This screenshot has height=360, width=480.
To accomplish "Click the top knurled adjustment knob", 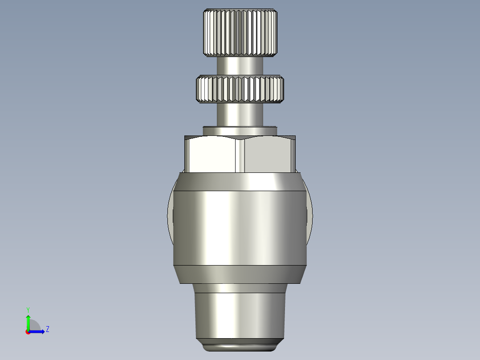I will (x=240, y=33).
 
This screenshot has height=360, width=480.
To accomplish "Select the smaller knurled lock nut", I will (x=240, y=89).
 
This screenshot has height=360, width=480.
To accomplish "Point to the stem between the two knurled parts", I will (x=240, y=66).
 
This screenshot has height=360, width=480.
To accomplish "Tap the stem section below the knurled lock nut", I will (x=240, y=114).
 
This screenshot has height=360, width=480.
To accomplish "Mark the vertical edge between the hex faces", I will (x=240, y=155).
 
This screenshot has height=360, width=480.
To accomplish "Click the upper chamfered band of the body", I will (x=240, y=181).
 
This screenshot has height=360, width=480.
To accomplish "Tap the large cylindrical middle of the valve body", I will (x=240, y=227).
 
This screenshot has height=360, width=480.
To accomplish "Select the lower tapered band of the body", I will (x=240, y=274).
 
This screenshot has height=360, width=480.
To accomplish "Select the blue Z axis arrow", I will (x=38, y=331).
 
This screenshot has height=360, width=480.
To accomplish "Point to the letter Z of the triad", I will (x=47, y=329).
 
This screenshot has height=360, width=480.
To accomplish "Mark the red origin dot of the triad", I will (x=28, y=332).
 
